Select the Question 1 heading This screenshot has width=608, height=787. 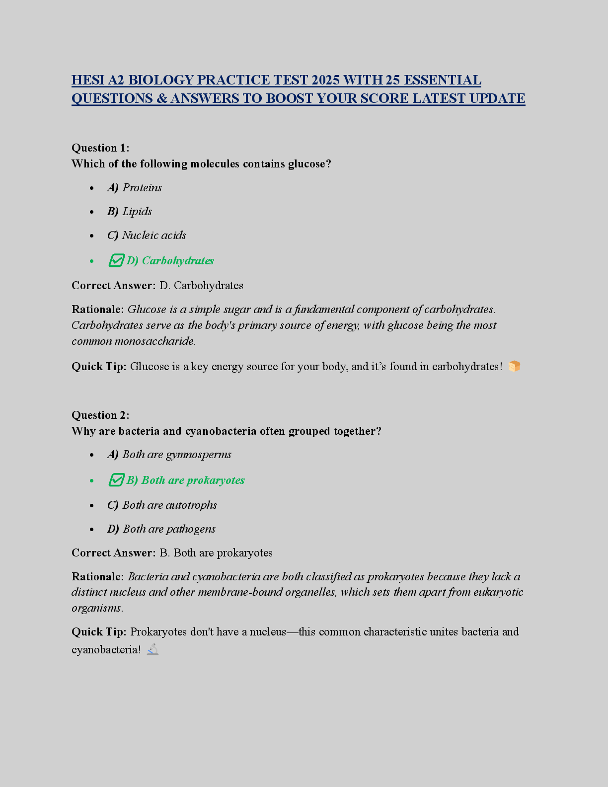100,148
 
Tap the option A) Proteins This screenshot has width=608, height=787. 135,187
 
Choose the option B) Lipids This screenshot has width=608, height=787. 130,211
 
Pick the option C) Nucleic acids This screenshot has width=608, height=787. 147,235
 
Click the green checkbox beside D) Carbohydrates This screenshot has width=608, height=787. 116,260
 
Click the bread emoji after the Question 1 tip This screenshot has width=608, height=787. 514,366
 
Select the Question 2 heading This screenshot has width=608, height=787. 100,415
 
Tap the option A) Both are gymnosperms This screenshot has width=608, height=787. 169,454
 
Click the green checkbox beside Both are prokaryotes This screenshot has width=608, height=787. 116,480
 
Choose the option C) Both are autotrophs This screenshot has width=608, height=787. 162,505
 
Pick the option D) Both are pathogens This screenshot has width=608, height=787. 161,529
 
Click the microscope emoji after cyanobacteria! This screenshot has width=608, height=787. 153,649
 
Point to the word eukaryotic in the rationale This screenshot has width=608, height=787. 498,592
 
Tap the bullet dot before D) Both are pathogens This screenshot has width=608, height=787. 91,529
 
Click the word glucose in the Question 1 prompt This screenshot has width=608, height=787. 307,163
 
